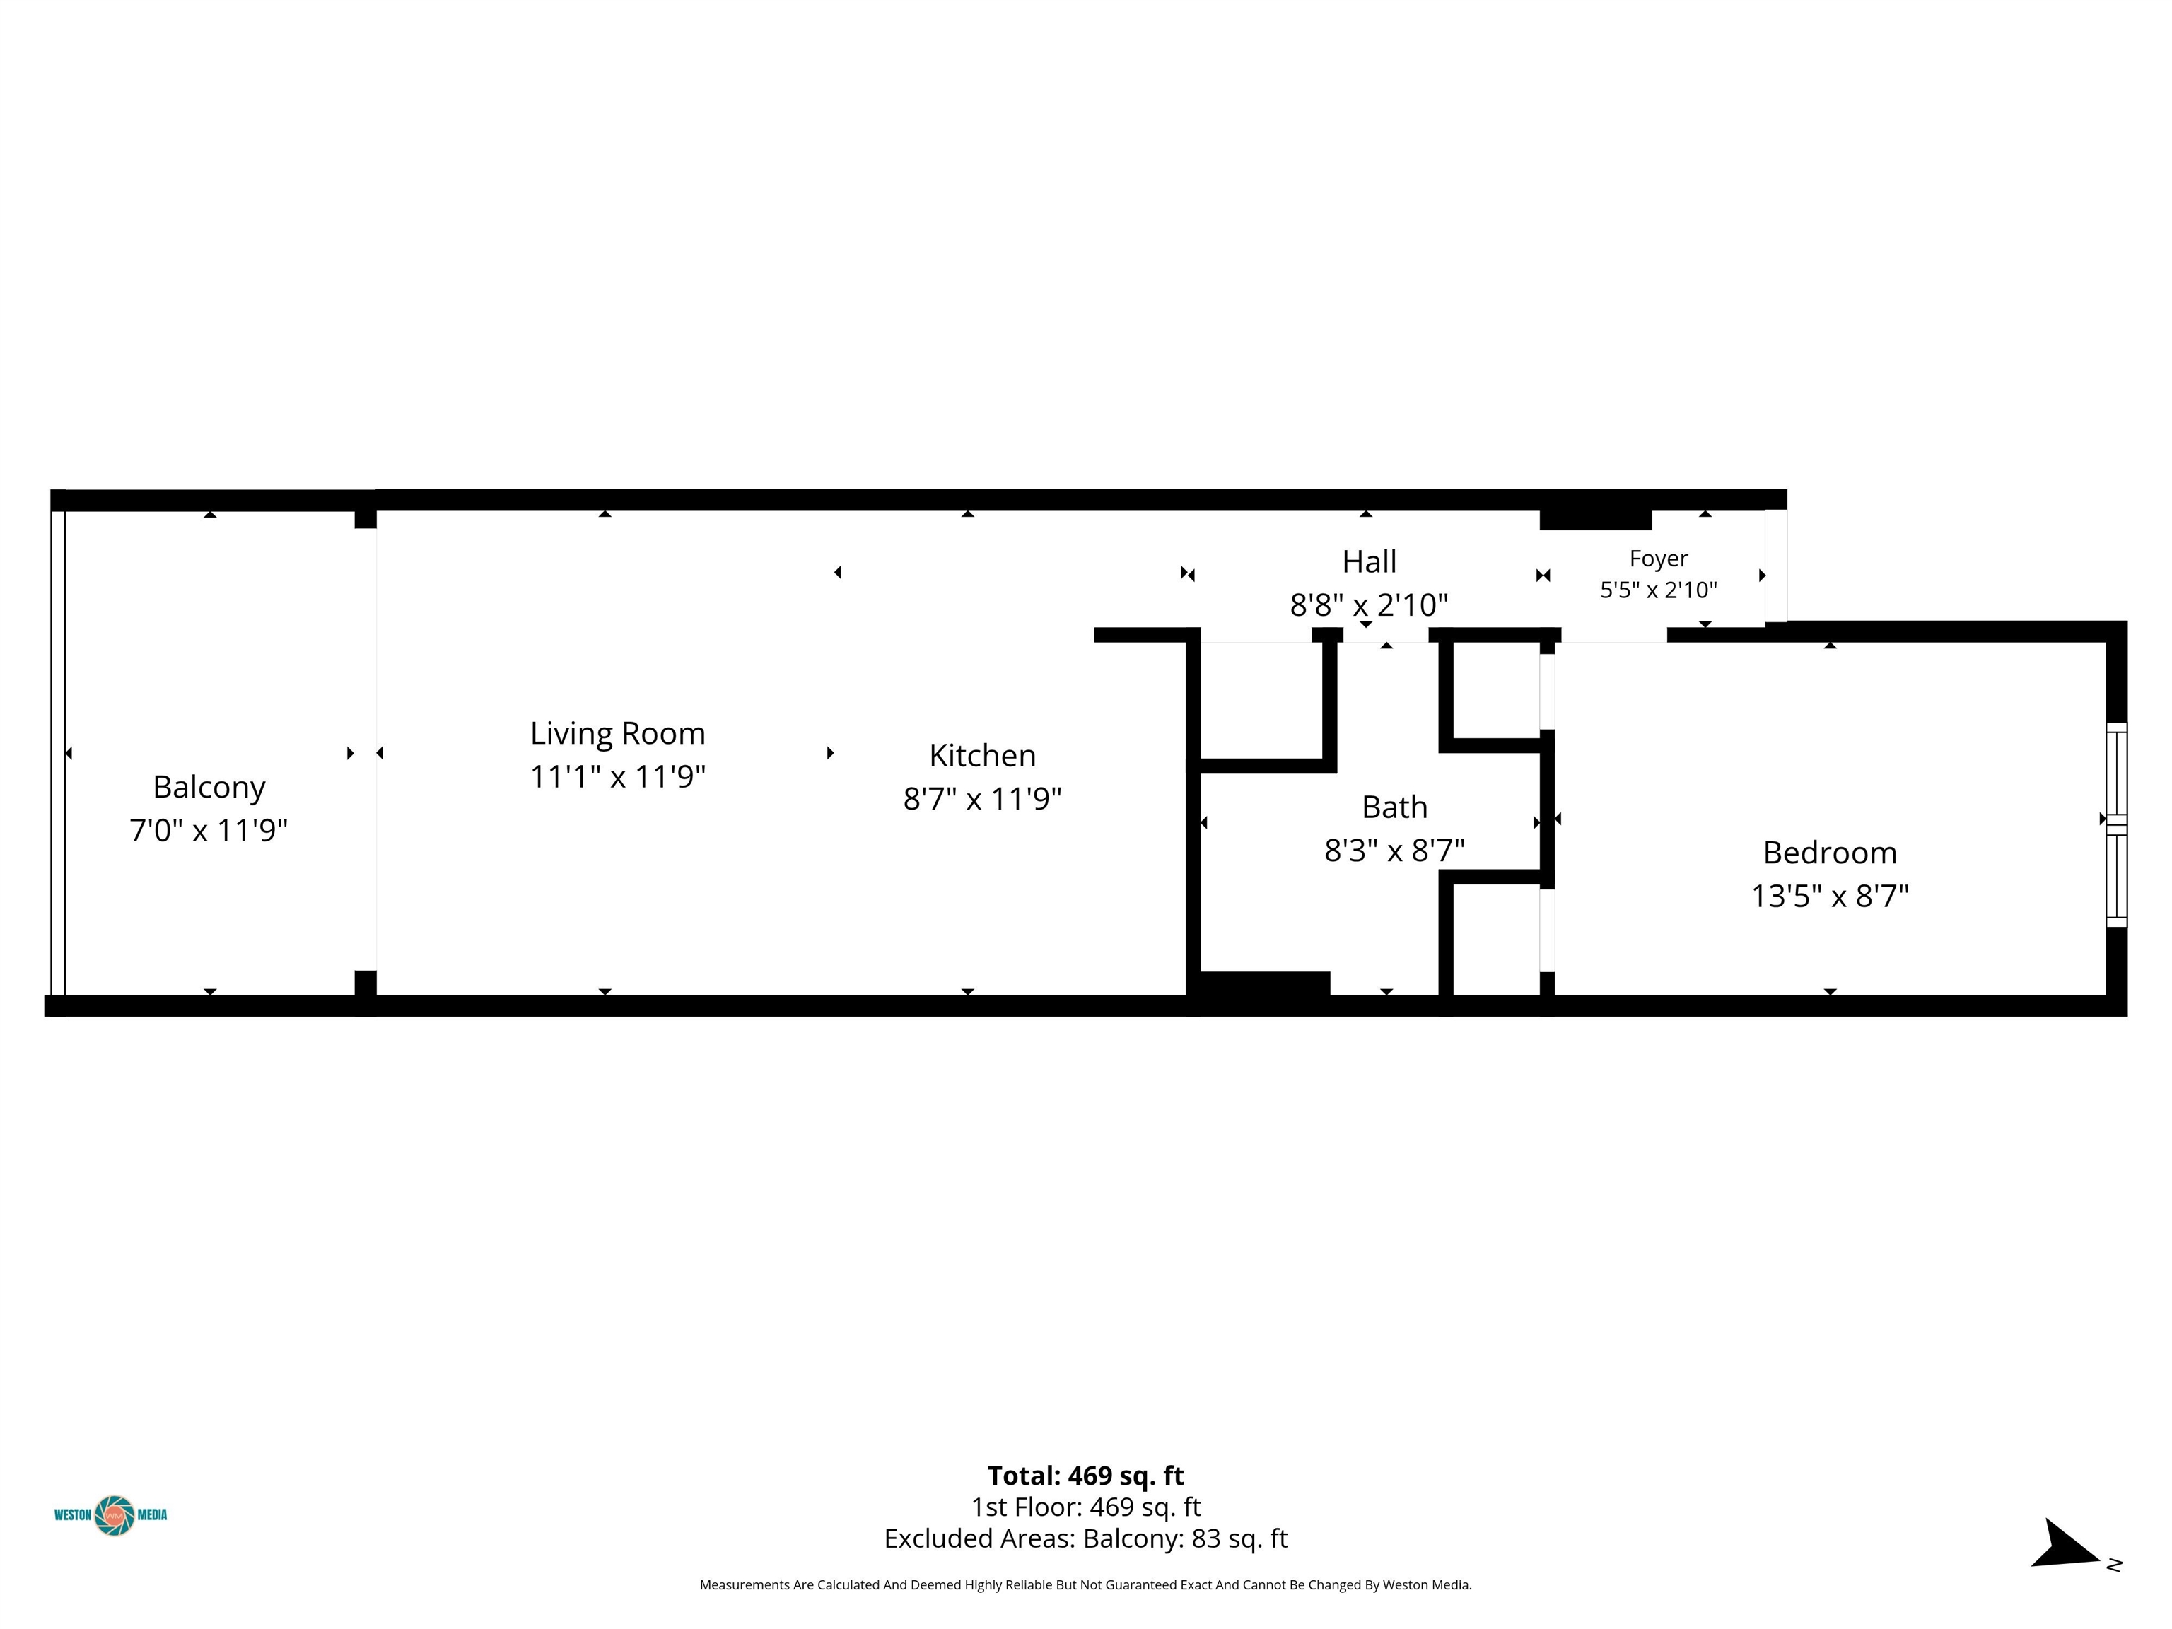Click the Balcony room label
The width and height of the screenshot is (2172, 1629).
(x=209, y=788)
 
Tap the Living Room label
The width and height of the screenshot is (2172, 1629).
(x=618, y=733)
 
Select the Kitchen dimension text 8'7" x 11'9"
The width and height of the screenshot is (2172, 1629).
(x=982, y=799)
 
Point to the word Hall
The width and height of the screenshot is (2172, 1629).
(x=1369, y=561)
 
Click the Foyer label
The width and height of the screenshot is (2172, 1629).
(x=1659, y=559)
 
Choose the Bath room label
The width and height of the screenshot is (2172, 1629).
(x=1394, y=807)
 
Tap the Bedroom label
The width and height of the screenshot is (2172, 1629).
(x=1829, y=852)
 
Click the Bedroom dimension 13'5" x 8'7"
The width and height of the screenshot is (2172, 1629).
(x=1829, y=897)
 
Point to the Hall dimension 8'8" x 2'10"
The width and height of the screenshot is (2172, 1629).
(x=1369, y=605)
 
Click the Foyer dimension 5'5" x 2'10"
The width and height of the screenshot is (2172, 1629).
(x=1659, y=590)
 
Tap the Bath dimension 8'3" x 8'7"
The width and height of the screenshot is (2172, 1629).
(x=1394, y=851)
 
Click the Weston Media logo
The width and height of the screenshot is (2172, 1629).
(x=111, y=1515)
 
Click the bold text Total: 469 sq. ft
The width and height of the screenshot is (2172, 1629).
(x=1086, y=1476)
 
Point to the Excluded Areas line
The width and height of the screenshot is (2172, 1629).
(x=1086, y=1538)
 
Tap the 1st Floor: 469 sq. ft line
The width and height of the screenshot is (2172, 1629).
(x=1086, y=1507)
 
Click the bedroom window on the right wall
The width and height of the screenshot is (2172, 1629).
(x=2116, y=825)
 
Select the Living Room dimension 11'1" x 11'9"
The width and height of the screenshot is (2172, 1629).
(x=618, y=777)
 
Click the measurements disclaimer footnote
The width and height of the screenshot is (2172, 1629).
(x=1086, y=1585)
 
